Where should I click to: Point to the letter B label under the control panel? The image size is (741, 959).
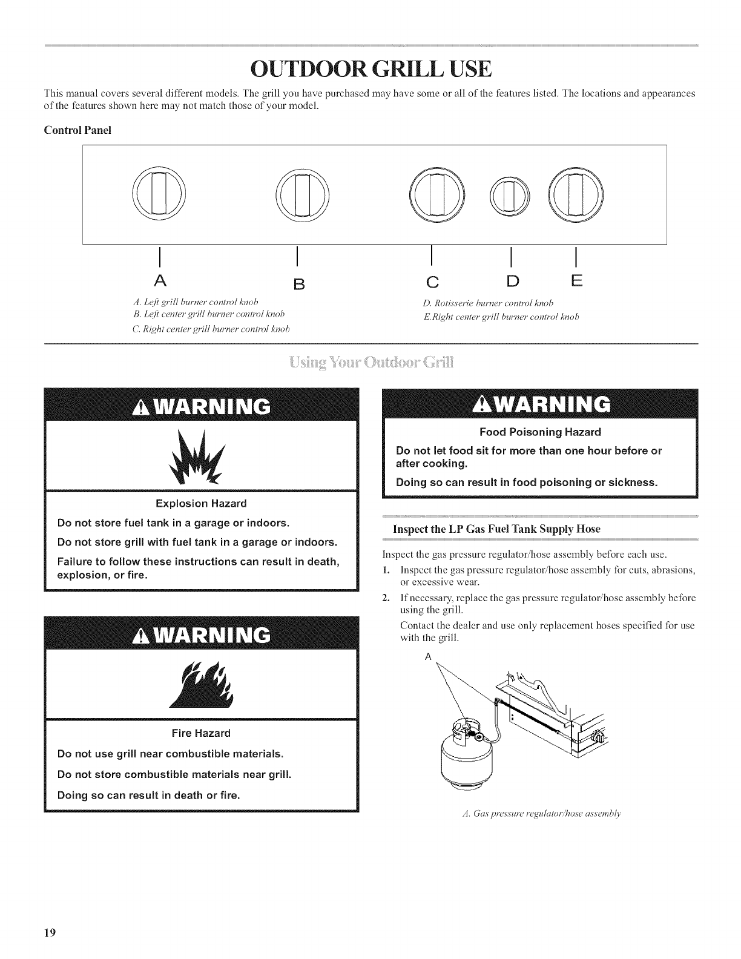tap(297, 285)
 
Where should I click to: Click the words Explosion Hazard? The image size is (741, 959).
tap(201, 504)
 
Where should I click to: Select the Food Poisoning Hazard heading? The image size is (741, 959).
tap(540, 432)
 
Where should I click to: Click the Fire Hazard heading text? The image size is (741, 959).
tap(202, 733)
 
